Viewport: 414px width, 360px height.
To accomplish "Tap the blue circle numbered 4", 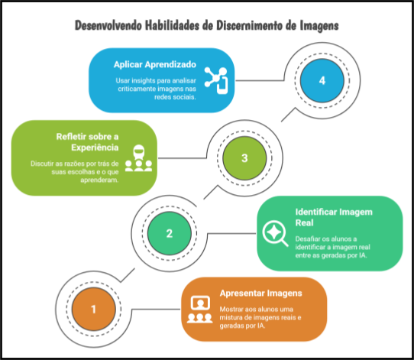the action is click(x=322, y=80).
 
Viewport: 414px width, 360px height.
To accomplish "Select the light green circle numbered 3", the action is click(x=244, y=158).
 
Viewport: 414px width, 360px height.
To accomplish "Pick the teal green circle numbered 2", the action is click(x=170, y=233).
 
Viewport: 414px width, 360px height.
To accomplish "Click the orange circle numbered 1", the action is click(x=94, y=309).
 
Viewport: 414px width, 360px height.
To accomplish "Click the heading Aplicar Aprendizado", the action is click(x=155, y=65).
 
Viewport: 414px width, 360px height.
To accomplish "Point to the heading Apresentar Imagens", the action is click(x=261, y=294).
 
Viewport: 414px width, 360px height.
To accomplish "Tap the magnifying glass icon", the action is click(x=275, y=233).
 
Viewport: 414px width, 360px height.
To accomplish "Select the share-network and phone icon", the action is click(x=216, y=80).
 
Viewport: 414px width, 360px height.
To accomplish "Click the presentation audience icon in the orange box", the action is click(x=200, y=310).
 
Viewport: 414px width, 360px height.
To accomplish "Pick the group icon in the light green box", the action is click(x=138, y=158).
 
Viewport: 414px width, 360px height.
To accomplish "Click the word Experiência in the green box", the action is click(x=95, y=148).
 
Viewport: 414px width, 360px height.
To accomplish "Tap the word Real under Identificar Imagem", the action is click(x=305, y=223).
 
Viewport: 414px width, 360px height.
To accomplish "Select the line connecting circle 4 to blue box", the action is click(x=260, y=80).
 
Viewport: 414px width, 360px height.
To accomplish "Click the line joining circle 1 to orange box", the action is click(x=156, y=309).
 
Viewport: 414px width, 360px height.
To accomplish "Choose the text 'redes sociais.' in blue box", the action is click(x=175, y=97).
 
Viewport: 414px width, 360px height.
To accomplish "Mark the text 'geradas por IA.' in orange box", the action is click(x=242, y=326).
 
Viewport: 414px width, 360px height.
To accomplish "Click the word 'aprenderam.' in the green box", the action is click(x=99, y=180).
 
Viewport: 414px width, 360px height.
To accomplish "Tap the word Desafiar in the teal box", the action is click(x=306, y=239).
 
